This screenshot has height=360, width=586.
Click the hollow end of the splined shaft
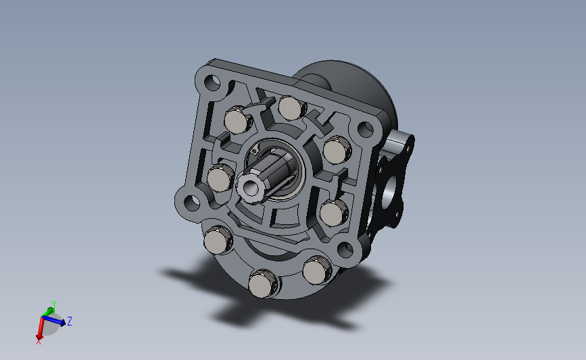[x=249, y=186]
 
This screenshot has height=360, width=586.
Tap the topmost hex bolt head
[x=291, y=107]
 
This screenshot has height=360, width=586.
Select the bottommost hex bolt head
[x=263, y=284]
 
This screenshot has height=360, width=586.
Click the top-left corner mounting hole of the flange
[x=212, y=82]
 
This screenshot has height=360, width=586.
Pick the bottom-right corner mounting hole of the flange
[x=345, y=249]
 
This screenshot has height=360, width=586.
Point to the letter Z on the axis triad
[x=69, y=321]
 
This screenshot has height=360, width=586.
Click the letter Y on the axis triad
[x=54, y=304]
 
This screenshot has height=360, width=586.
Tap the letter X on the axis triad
[x=38, y=341]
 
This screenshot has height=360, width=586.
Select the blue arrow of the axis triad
[x=54, y=320]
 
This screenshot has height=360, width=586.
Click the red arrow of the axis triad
[x=41, y=328]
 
